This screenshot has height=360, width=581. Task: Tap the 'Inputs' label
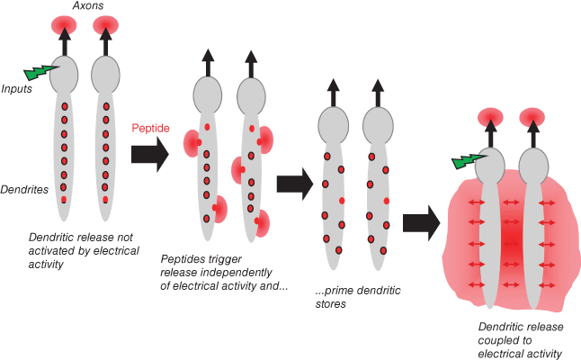point(17,88)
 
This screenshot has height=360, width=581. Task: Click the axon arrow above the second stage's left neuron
point(208,62)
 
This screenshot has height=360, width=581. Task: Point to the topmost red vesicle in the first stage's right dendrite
point(106,107)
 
